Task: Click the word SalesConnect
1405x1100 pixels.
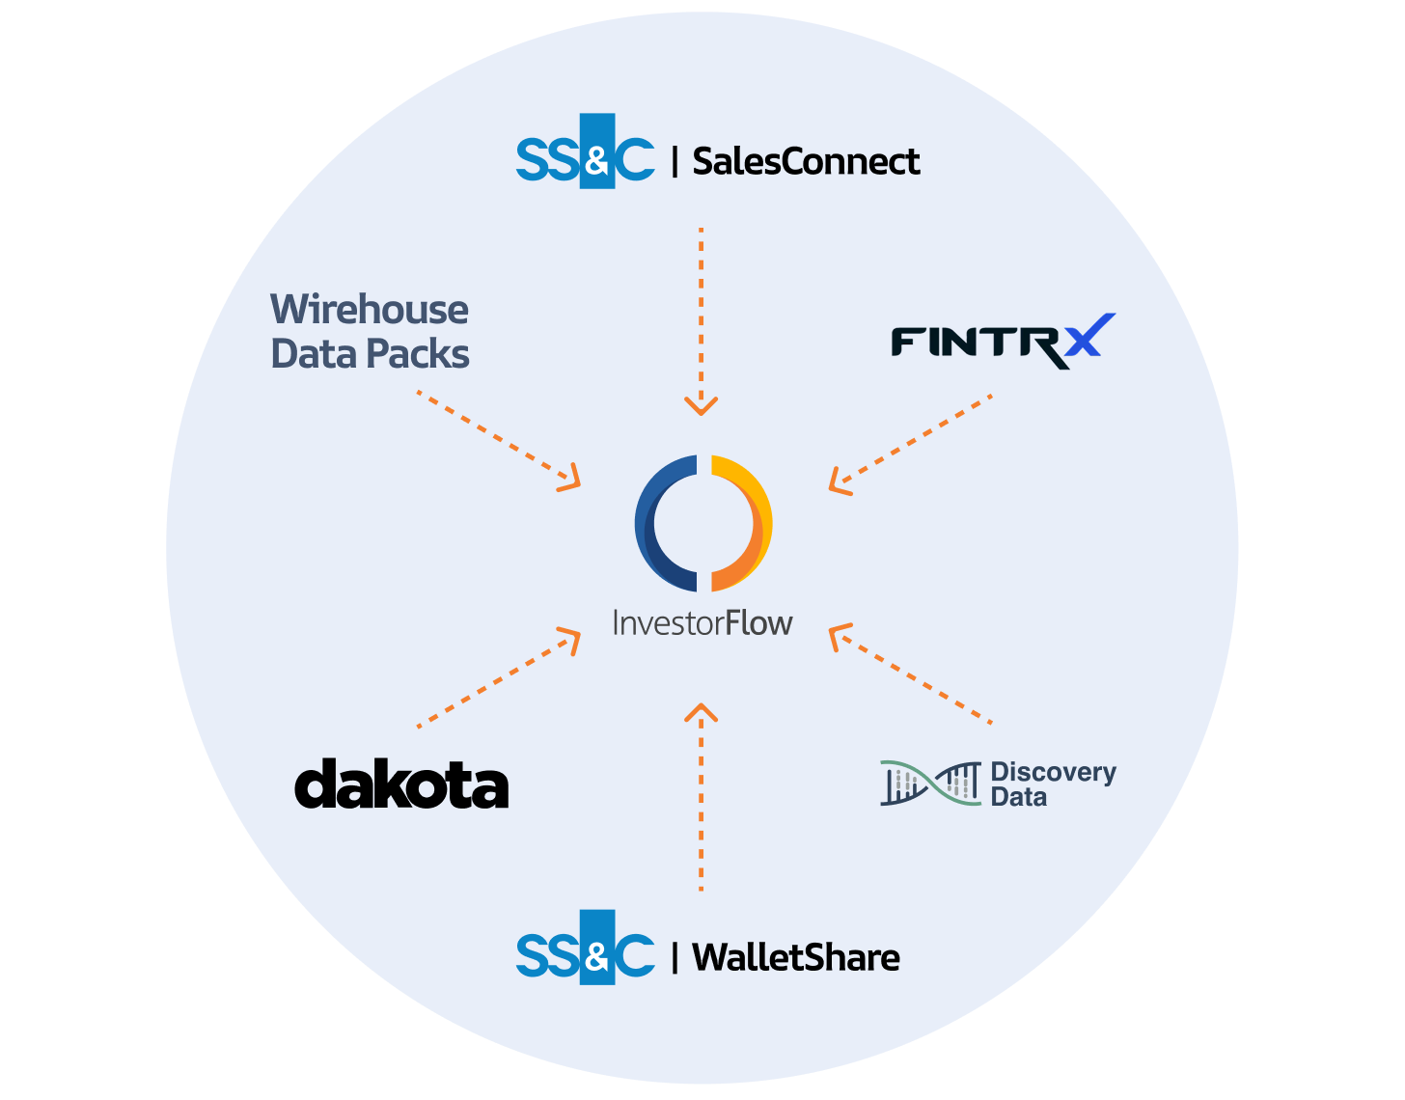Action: coord(806,161)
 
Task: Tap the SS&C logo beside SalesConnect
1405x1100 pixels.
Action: coord(585,151)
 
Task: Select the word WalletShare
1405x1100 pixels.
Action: coord(796,957)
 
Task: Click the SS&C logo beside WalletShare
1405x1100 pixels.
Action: coord(585,948)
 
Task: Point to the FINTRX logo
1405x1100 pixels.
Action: coord(1002,342)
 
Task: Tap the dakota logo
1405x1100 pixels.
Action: coord(401,784)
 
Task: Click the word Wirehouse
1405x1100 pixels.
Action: coord(370,310)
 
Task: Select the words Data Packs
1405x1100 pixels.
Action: coord(370,354)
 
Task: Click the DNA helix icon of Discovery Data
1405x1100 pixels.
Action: coord(930,783)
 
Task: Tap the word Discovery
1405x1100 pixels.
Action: coord(1053,772)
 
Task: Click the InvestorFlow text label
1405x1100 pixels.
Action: coord(702,623)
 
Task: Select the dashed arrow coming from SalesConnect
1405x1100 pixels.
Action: coord(702,318)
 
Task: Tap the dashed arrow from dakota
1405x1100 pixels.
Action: coord(497,678)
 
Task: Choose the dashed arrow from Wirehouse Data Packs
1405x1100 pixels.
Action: coord(497,439)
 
